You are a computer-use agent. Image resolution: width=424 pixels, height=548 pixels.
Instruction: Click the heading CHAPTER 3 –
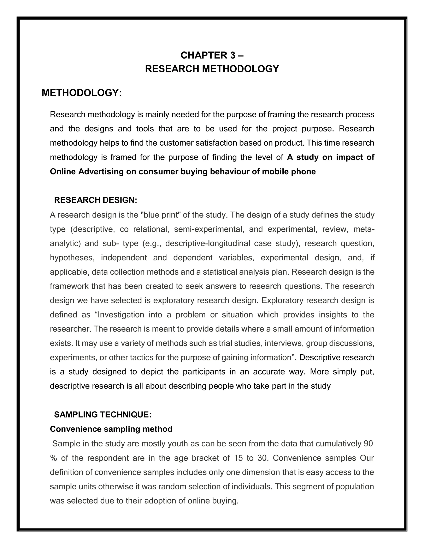[x=212, y=55]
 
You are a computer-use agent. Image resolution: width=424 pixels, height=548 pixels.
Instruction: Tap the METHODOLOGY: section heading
[x=81, y=93]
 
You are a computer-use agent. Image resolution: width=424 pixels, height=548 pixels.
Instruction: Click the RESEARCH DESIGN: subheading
[x=95, y=200]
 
